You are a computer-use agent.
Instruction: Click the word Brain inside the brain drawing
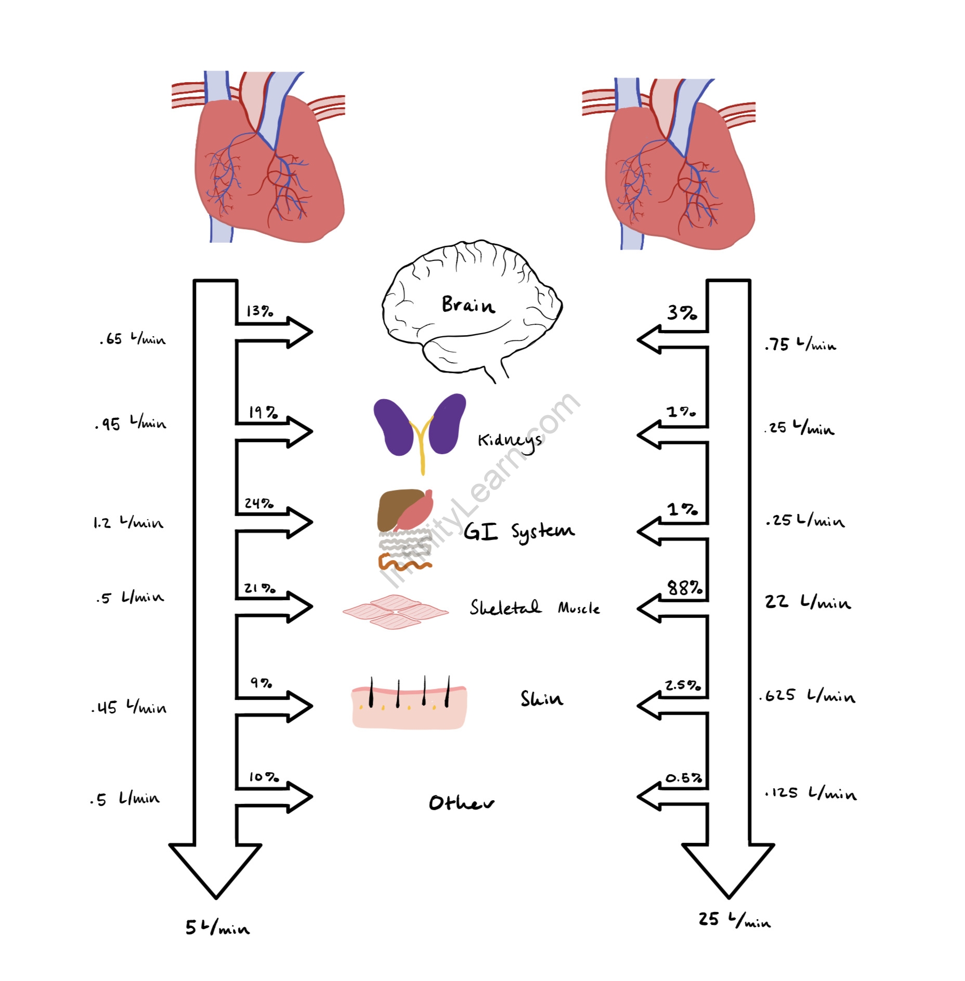(x=468, y=304)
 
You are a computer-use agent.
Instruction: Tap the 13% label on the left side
(x=259, y=311)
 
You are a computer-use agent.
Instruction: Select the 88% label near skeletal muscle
(x=685, y=588)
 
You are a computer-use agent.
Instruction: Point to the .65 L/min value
(x=133, y=339)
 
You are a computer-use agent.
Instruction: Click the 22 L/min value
(x=807, y=602)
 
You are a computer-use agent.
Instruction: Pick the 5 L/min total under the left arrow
(x=217, y=927)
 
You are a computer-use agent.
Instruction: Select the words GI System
(x=519, y=531)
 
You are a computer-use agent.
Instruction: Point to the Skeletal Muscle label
(x=534, y=608)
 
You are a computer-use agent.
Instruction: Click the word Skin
(x=542, y=698)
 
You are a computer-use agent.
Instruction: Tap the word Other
(x=461, y=803)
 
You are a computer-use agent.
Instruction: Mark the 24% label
(x=259, y=503)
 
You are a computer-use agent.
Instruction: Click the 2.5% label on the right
(x=683, y=685)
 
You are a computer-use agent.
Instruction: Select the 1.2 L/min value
(x=128, y=522)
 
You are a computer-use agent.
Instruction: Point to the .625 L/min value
(x=807, y=696)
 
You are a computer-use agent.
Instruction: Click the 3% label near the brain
(x=682, y=313)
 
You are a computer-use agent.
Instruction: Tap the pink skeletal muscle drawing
(x=396, y=612)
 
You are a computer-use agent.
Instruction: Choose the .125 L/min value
(x=810, y=793)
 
